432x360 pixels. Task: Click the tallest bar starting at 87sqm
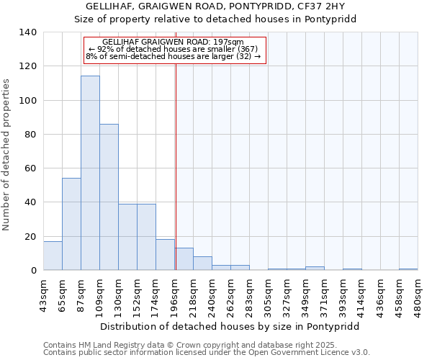[x=90, y=173]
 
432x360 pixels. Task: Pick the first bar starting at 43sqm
[x=53, y=256]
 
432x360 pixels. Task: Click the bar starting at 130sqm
[x=127, y=237]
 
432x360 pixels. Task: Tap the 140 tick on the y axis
[x=28, y=32]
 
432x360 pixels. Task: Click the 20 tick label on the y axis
[x=31, y=237]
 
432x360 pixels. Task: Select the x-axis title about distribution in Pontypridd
[x=230, y=326]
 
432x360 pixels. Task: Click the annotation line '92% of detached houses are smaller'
[x=176, y=48]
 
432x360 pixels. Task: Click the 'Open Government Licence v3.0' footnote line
[x=207, y=353]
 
